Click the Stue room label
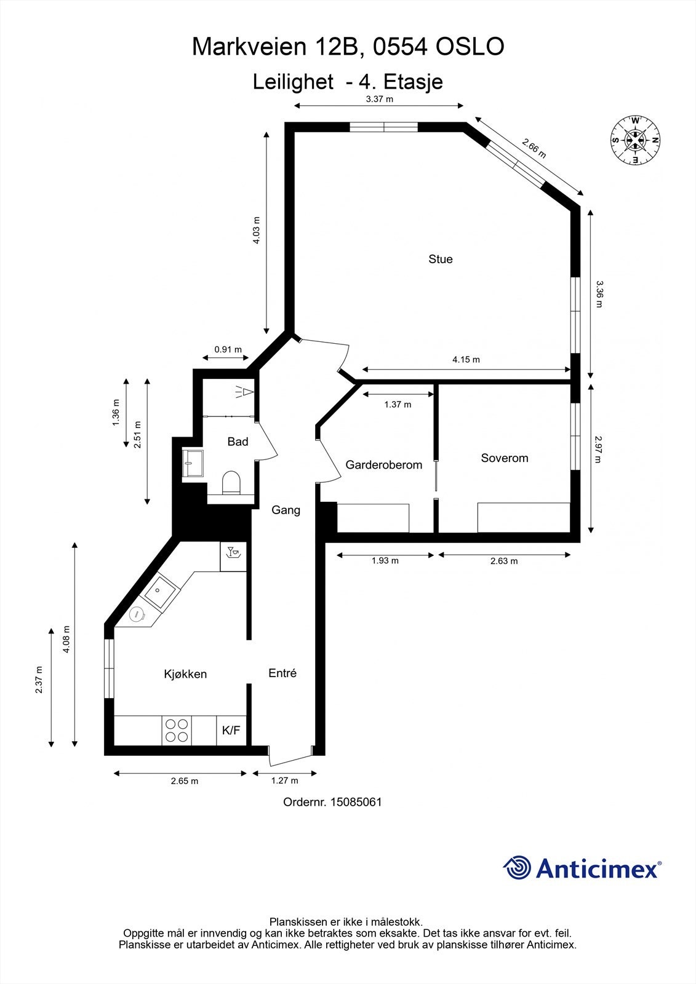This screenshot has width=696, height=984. (x=441, y=259)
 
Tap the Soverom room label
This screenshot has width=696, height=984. (x=504, y=458)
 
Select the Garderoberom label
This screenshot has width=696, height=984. (x=384, y=465)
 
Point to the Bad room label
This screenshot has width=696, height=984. (x=238, y=442)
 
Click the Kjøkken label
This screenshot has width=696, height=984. (x=185, y=674)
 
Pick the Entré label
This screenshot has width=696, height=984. (x=282, y=673)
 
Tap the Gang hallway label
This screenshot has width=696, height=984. (x=286, y=510)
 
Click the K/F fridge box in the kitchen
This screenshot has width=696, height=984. (x=231, y=731)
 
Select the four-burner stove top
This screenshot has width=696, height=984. (x=177, y=731)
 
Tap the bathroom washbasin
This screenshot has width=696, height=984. (x=193, y=463)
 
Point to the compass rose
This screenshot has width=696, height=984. (x=636, y=141)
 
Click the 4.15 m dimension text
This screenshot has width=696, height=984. (x=466, y=360)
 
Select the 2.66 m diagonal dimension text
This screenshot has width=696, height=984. (x=534, y=148)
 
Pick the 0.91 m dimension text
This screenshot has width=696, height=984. (x=228, y=350)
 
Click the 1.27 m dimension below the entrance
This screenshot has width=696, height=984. (x=284, y=780)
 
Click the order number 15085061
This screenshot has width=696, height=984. (x=356, y=802)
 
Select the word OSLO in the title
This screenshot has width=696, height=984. (x=470, y=47)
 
